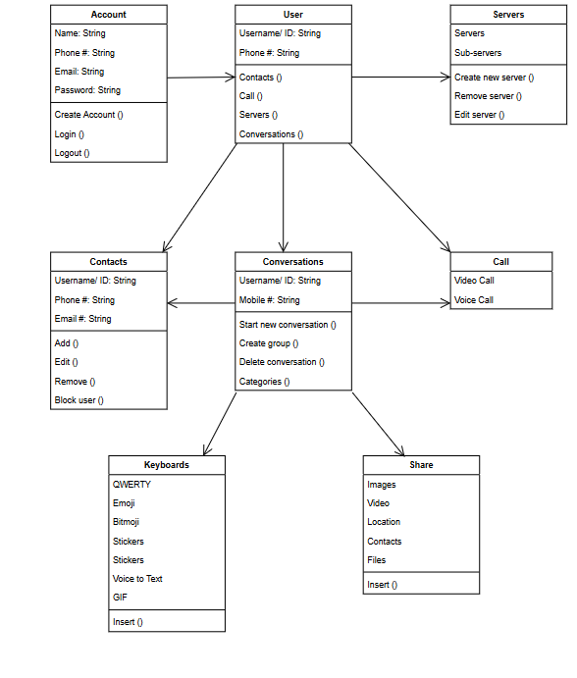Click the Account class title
(x=108, y=15)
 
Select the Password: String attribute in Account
(x=87, y=90)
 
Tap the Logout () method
(x=72, y=153)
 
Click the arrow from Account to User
(x=200, y=77)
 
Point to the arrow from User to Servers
(x=400, y=77)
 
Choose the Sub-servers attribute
(x=477, y=52)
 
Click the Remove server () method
(x=488, y=96)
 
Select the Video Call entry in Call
(x=474, y=281)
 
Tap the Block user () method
(x=79, y=400)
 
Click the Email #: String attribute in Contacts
(x=82, y=319)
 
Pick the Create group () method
(x=269, y=343)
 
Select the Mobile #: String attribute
(x=270, y=300)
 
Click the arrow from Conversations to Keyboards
(x=221, y=423)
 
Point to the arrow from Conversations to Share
(x=378, y=423)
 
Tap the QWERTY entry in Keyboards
(x=131, y=485)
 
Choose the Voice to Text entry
(x=137, y=579)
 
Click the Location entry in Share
(x=384, y=522)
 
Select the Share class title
(x=421, y=465)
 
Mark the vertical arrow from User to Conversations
(x=284, y=196)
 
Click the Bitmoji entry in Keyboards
(x=127, y=522)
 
